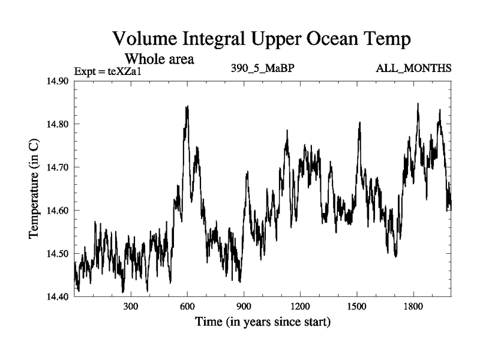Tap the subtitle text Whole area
[x=159, y=59]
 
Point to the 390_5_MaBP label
[x=262, y=68]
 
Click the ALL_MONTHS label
[x=413, y=68]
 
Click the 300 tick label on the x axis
[x=131, y=307]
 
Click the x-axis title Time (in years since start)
[x=262, y=323]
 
